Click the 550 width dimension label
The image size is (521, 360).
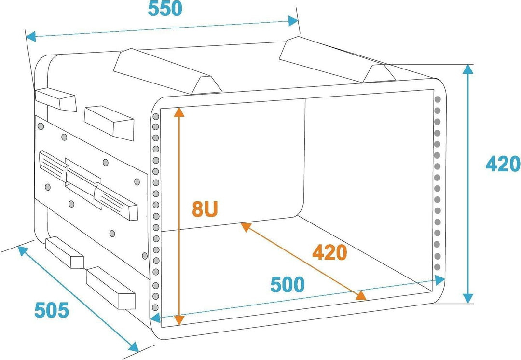pyautogui.click(x=165, y=9)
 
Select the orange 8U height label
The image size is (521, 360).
pyautogui.click(x=205, y=209)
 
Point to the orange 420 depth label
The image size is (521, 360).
pyautogui.click(x=329, y=252)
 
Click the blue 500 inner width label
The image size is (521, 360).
pyautogui.click(x=288, y=285)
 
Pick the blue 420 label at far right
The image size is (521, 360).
pyautogui.click(x=503, y=165)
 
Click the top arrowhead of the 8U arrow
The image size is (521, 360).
pyautogui.click(x=179, y=112)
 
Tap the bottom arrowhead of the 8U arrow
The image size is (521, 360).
pyautogui.click(x=179, y=319)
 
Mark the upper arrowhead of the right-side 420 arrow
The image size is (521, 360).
pyautogui.click(x=467, y=69)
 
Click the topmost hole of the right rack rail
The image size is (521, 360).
pyautogui.click(x=438, y=99)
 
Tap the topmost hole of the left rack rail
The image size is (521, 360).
pyautogui.click(x=155, y=117)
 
